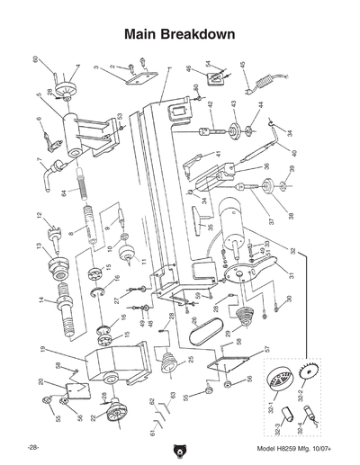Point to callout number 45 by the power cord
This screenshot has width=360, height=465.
(242, 64)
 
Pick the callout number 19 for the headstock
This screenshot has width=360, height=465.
(42, 348)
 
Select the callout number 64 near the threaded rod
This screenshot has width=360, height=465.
(64, 193)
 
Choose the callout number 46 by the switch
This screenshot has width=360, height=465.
(188, 68)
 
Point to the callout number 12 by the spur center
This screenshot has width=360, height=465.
(40, 216)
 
